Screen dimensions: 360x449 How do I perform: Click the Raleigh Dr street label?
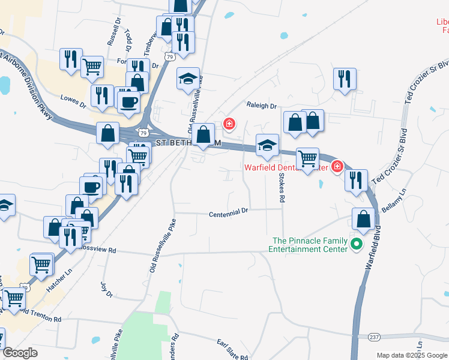(262, 106)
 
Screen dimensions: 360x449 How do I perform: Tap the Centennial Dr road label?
(229, 213)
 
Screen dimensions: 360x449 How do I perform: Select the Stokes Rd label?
(281, 188)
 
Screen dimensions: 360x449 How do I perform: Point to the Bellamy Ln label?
(394, 198)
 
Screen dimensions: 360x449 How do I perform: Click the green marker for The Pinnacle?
(356, 244)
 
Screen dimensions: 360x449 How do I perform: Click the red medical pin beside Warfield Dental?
(337, 166)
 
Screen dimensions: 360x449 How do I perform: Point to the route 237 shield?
(375, 337)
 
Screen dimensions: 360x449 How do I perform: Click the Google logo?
(20, 353)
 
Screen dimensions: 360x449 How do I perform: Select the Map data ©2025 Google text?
(411, 355)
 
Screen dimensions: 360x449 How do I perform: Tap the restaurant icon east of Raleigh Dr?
(345, 79)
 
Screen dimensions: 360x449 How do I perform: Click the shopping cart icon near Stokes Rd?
(307, 159)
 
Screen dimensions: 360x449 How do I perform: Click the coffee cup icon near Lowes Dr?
(128, 103)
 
